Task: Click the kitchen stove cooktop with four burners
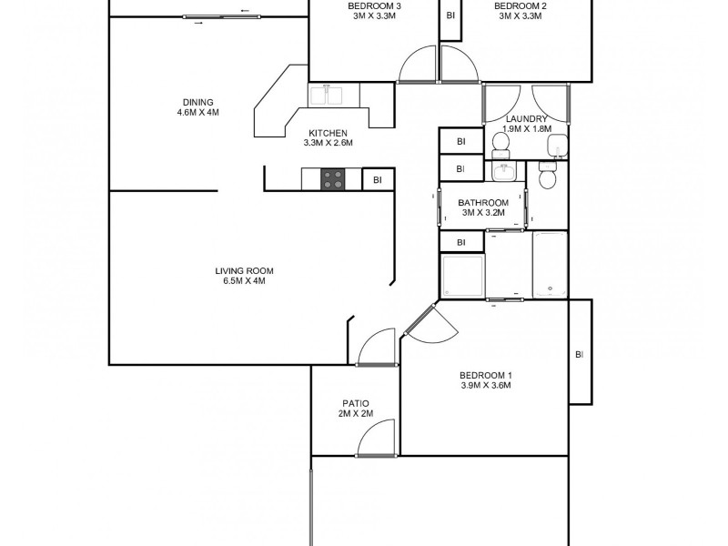[333, 180]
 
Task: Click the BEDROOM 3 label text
[375, 6]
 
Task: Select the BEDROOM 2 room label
[521, 6]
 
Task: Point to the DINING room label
[197, 102]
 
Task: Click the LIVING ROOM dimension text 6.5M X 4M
[245, 281]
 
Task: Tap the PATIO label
[355, 403]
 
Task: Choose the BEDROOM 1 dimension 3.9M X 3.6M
[485, 385]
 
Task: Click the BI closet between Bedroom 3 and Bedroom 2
[450, 15]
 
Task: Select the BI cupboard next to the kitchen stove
[378, 180]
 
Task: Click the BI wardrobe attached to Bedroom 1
[580, 353]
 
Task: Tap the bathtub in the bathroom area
[550, 264]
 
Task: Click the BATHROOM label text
[482, 203]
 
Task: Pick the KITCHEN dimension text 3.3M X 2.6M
[328, 143]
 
